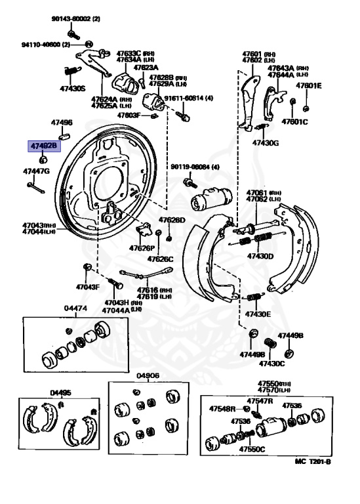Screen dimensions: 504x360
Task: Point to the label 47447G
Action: [36, 171]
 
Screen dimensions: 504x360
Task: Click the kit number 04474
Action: [75, 308]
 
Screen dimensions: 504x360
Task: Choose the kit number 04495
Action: [61, 393]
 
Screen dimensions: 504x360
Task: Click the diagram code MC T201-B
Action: [313, 462]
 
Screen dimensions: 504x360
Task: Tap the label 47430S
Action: [73, 88]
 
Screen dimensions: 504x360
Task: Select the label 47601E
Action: [308, 85]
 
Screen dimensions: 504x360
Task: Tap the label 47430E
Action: [258, 314]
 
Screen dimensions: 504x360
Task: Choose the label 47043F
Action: [87, 287]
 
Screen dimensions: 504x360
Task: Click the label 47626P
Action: [142, 249]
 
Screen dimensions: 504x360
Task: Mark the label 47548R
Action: [222, 409]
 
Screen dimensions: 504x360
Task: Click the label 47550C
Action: [252, 450]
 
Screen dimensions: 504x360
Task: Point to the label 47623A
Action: [146, 68]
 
